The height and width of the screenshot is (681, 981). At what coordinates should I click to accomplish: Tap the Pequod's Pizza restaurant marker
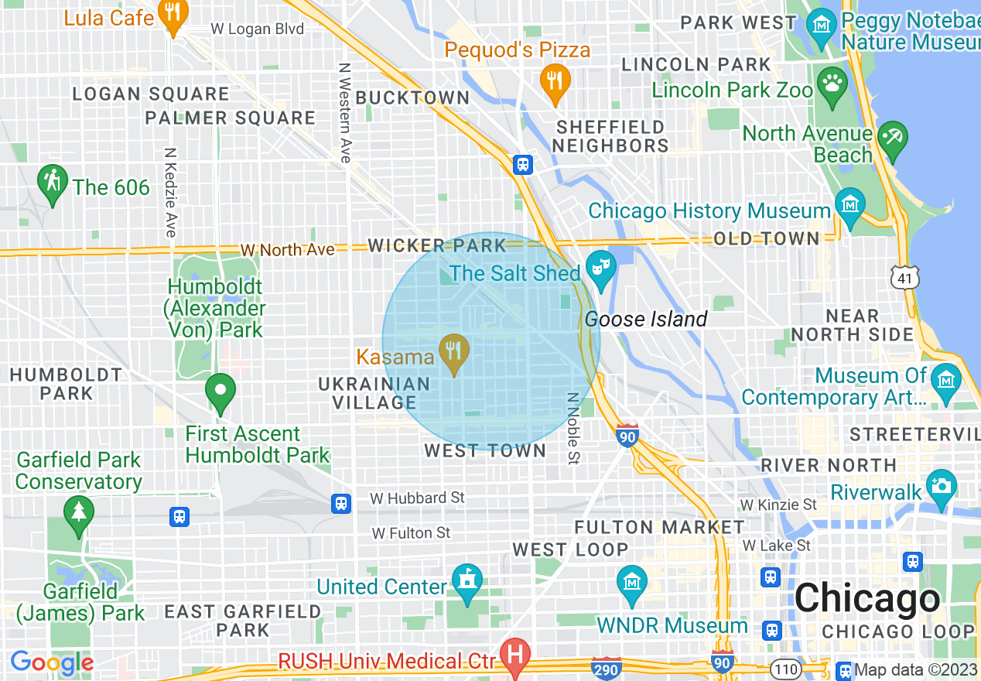(x=554, y=80)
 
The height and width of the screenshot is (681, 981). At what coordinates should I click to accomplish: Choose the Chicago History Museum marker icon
(x=849, y=206)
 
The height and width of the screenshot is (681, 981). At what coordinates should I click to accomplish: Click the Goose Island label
(x=646, y=319)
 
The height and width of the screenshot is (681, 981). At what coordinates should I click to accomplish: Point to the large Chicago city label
(x=866, y=598)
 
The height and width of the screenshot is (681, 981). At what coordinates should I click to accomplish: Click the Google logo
(x=51, y=663)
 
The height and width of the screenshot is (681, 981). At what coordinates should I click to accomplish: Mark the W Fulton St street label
(x=411, y=533)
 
